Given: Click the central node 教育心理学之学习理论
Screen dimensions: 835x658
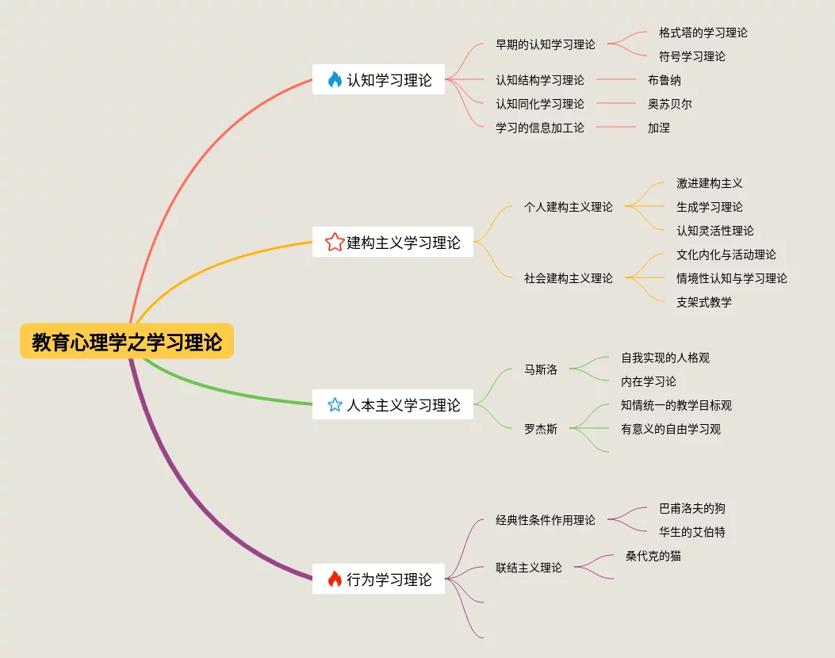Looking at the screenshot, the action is pyautogui.click(x=127, y=342).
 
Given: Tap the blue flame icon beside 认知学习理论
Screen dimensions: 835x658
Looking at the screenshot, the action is pyautogui.click(x=335, y=79).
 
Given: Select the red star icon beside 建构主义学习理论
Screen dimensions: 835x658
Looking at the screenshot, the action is pyautogui.click(x=335, y=242).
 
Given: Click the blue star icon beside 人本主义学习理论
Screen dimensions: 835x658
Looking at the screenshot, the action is pyautogui.click(x=335, y=405).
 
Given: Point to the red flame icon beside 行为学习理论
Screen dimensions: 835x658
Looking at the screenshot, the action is pyautogui.click(x=335, y=580).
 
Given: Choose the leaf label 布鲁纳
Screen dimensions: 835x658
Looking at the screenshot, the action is pyautogui.click(x=664, y=80).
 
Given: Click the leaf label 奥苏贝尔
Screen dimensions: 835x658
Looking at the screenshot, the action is pyautogui.click(x=669, y=104).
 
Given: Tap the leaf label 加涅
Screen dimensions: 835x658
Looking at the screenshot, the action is pyautogui.click(x=658, y=128).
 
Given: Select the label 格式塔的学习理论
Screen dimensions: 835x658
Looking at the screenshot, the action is pyautogui.click(x=703, y=33).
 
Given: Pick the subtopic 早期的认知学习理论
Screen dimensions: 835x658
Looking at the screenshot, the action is pyautogui.click(x=545, y=44).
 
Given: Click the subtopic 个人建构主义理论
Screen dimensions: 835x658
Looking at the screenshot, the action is pyautogui.click(x=568, y=207).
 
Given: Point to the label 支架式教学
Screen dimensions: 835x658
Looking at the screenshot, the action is pyautogui.click(x=703, y=302).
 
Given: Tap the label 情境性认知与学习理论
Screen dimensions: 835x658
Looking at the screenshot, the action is pyautogui.click(x=731, y=278).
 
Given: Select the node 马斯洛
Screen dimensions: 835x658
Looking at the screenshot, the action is pyautogui.click(x=540, y=369).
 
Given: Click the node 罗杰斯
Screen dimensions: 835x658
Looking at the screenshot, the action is pyautogui.click(x=540, y=429).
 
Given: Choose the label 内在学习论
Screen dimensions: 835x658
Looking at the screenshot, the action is pyautogui.click(x=648, y=381).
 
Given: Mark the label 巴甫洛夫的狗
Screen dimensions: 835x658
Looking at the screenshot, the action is pyautogui.click(x=691, y=508).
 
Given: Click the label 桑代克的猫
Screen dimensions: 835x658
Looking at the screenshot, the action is pyautogui.click(x=653, y=556).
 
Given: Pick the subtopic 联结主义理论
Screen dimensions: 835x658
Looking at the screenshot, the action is pyautogui.click(x=528, y=568).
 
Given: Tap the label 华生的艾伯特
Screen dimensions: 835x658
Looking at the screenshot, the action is pyautogui.click(x=691, y=532).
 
